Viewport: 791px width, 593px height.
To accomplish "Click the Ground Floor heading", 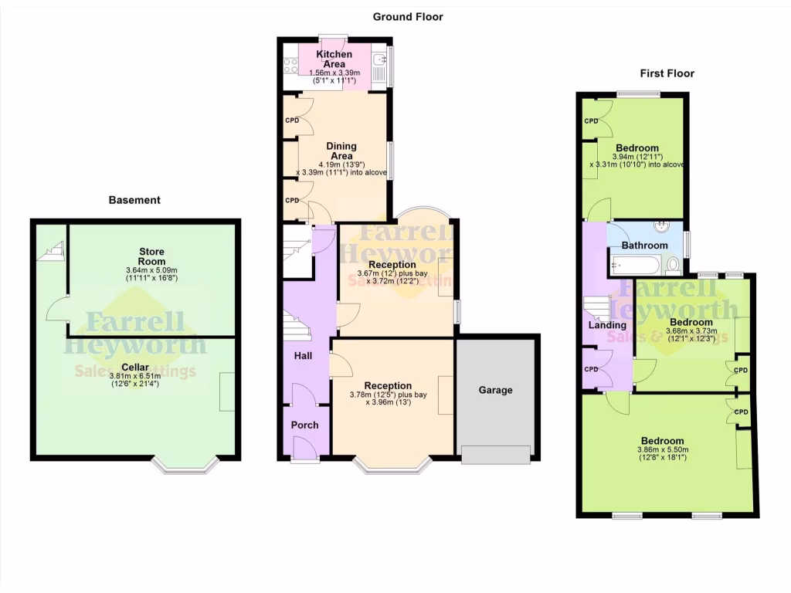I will click(408, 16).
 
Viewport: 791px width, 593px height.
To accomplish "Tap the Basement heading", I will click(134, 200).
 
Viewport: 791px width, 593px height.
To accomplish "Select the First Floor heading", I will click(667, 73).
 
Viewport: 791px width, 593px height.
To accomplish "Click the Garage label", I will click(495, 390).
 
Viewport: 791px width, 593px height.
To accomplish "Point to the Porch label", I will click(304, 425).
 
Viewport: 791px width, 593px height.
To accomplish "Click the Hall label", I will click(303, 356).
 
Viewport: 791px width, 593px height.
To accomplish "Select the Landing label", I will click(606, 325).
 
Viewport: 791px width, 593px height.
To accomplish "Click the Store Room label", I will click(151, 256).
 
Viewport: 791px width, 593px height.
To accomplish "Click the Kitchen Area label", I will click(335, 59).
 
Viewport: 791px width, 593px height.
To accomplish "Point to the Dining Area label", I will click(341, 151).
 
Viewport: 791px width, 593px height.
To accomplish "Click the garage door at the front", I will click(496, 455).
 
